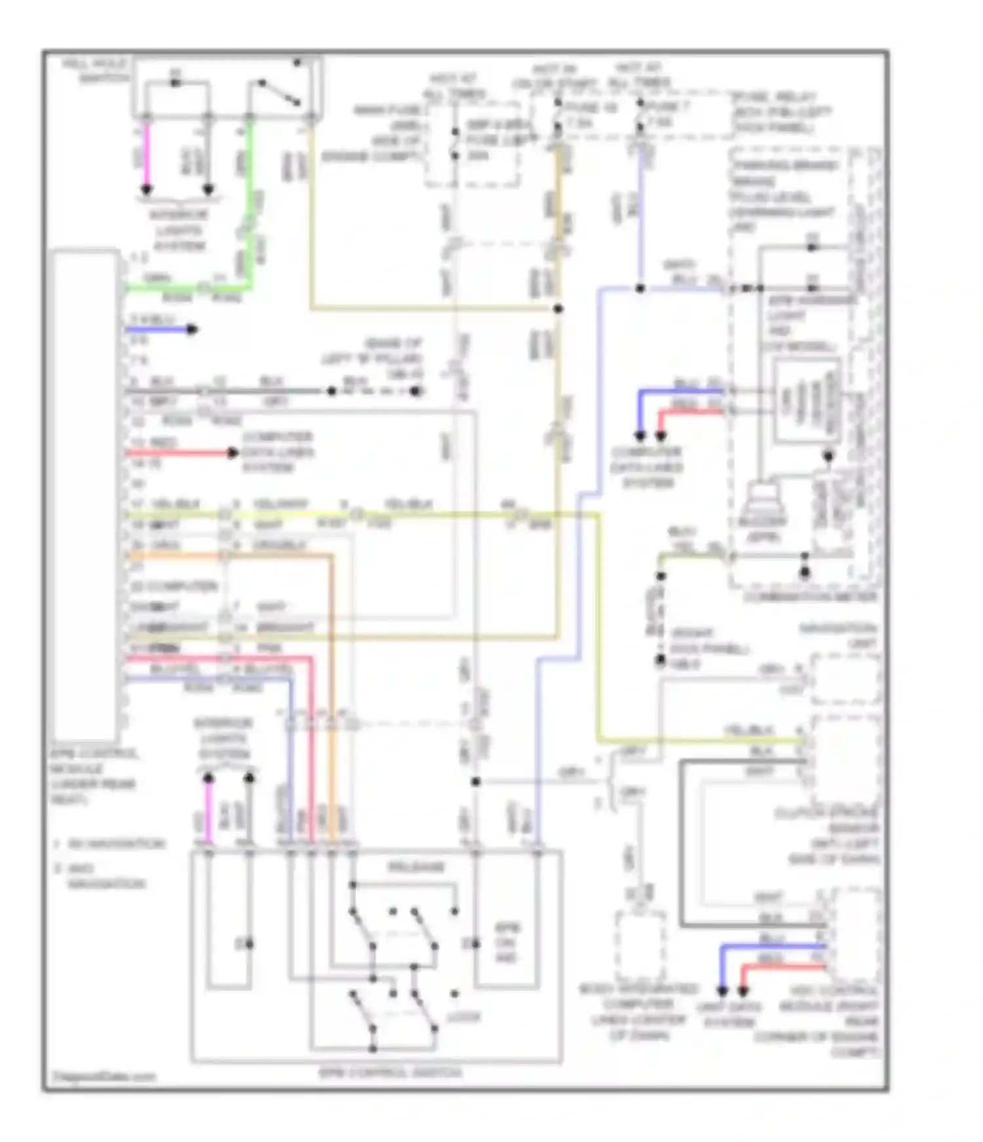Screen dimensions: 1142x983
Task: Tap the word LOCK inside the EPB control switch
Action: pyautogui.click(x=463, y=1017)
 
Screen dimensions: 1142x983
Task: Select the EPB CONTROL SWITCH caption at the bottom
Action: pyautogui.click(x=390, y=1073)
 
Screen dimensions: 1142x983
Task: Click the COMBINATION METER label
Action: pyautogui.click(x=810, y=597)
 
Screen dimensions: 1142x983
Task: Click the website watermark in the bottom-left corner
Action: pyautogui.click(x=104, y=1076)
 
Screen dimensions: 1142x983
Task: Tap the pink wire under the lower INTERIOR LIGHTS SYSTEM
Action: pyautogui.click(x=208, y=812)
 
